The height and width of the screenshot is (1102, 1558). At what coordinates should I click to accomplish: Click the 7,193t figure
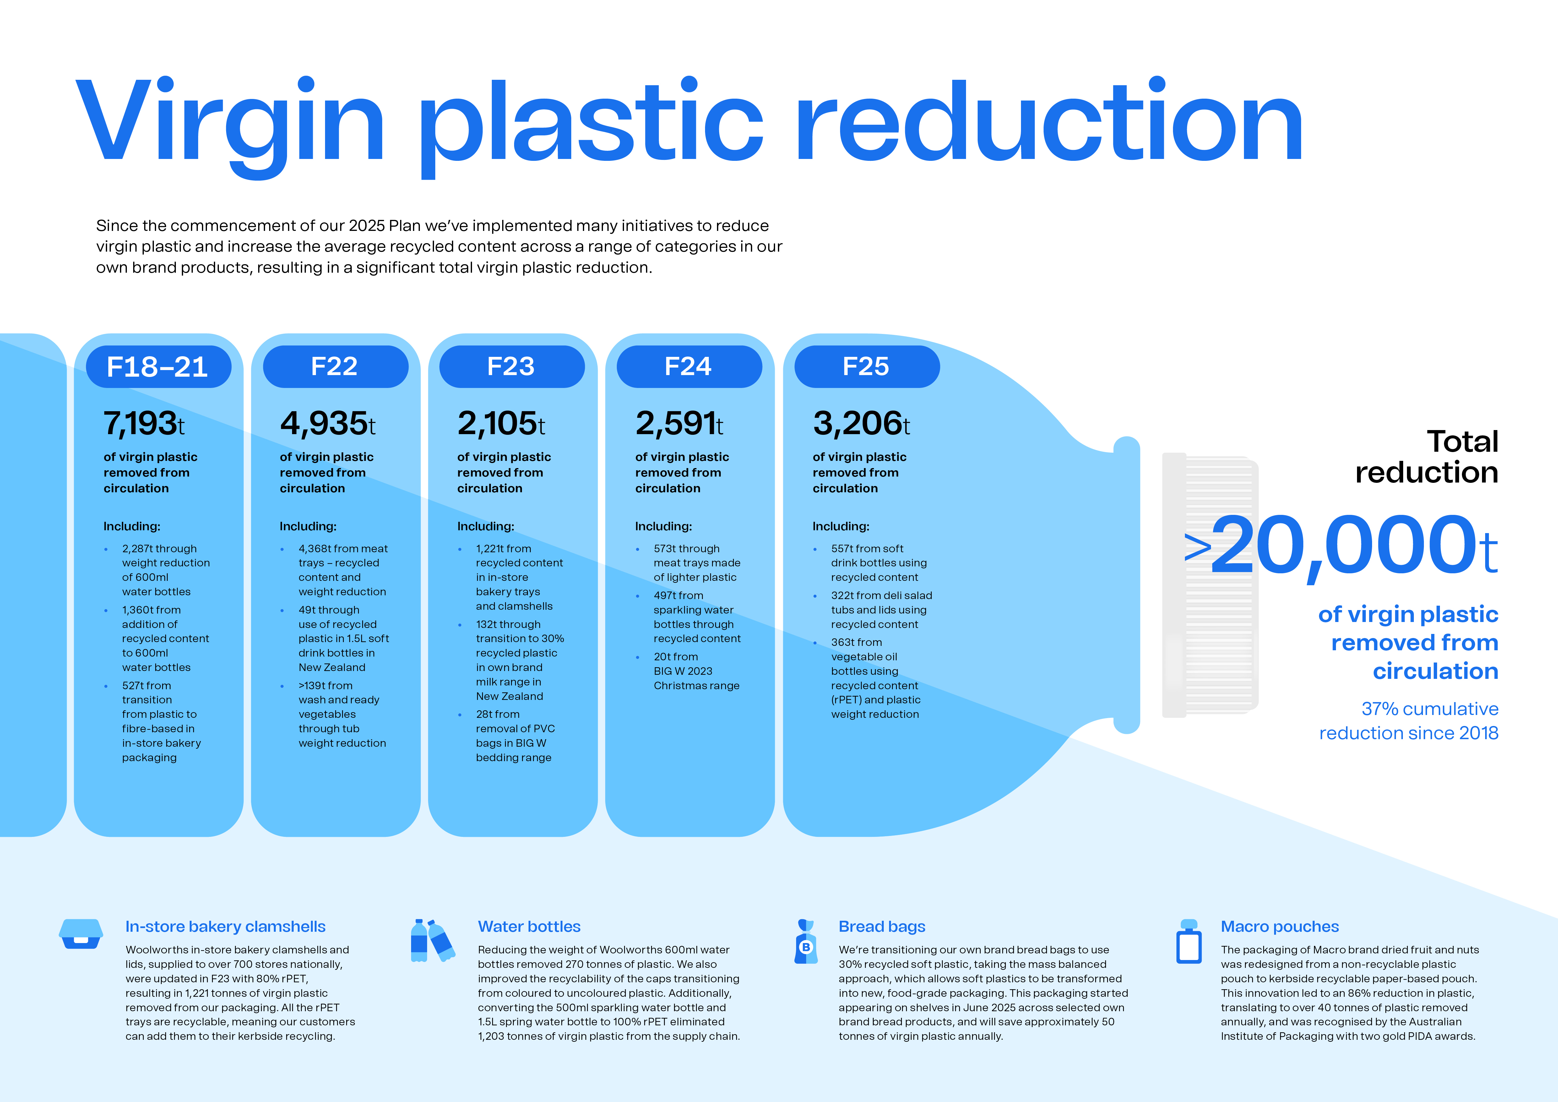[144, 424]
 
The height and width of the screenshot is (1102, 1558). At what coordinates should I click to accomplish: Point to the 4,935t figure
[328, 424]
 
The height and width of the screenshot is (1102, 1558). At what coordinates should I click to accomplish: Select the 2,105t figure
[502, 424]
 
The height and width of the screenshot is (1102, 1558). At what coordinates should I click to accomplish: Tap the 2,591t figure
[679, 424]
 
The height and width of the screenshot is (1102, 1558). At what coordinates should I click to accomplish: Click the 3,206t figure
[861, 424]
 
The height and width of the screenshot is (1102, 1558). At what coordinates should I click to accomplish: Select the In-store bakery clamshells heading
[225, 927]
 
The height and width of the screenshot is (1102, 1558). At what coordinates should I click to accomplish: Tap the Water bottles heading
[529, 927]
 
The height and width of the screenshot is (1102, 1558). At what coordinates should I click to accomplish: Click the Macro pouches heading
[1280, 927]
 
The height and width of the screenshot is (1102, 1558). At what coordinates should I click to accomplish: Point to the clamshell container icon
[81, 934]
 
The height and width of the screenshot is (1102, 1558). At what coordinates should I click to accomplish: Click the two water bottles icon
[432, 941]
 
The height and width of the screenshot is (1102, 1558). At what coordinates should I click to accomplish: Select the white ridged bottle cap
[1210, 585]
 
